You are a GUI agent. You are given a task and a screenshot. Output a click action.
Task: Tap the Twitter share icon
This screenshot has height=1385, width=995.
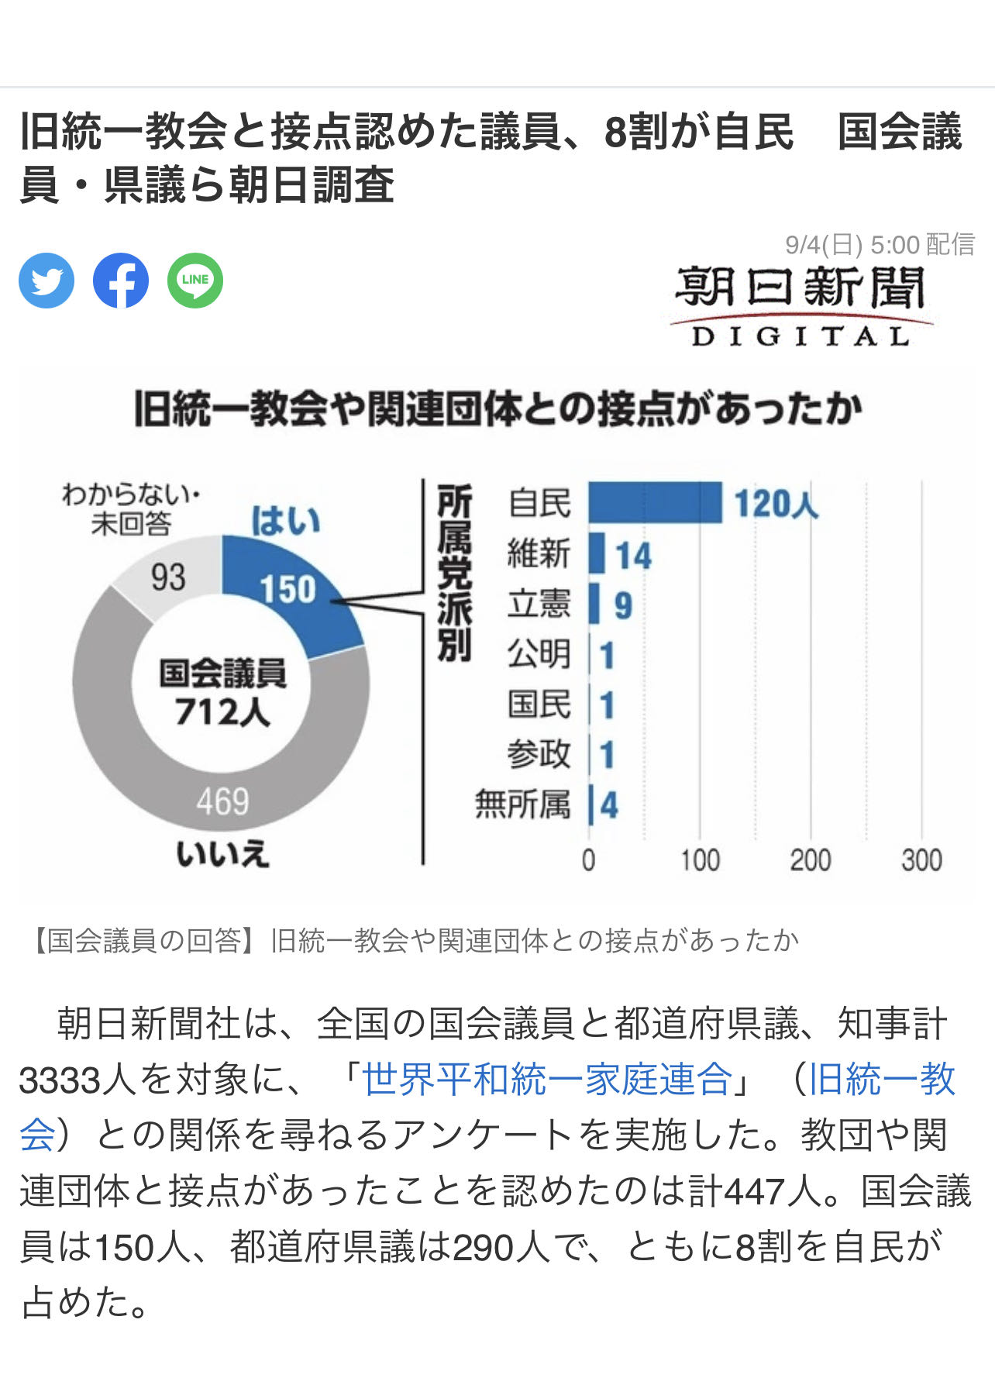46,281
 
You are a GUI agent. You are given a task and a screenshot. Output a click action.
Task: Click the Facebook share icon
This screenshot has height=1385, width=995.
121,281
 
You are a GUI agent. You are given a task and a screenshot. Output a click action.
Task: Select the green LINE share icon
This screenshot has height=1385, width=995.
195,281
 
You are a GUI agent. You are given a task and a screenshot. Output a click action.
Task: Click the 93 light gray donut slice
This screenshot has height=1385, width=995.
167,577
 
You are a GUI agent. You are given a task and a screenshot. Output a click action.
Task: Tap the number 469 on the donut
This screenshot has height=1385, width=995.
222,801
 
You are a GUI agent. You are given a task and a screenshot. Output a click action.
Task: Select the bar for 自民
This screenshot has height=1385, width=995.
655,502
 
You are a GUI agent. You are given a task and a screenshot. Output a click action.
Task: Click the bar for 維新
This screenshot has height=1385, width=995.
596,553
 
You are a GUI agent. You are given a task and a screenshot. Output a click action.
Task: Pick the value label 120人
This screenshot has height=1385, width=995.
776,504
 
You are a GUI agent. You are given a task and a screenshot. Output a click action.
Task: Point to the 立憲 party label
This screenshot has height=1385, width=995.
539,604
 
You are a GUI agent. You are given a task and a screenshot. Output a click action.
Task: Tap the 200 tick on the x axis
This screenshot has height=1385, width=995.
811,860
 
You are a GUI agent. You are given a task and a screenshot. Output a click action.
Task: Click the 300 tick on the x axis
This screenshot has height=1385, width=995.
921,860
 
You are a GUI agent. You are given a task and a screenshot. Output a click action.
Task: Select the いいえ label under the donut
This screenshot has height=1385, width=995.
222,854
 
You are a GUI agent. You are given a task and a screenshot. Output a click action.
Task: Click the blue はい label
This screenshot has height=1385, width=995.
285,521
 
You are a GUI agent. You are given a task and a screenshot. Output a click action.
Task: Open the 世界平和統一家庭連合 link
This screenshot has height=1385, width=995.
548,1079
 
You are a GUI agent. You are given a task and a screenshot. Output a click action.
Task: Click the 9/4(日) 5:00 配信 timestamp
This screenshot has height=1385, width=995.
880,245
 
